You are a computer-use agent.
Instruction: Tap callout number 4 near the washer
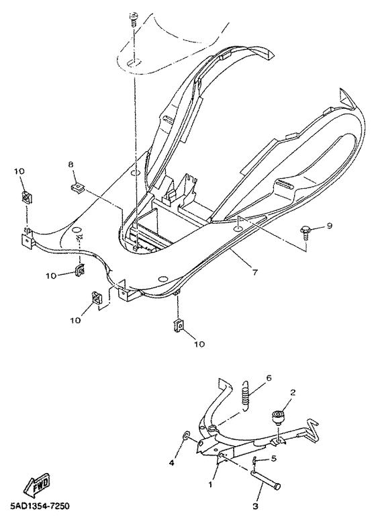coord(171,463)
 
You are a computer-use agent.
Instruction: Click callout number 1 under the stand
coord(211,483)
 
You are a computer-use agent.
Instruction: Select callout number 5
coord(274,460)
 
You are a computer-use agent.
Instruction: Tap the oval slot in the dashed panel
coord(134,62)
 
